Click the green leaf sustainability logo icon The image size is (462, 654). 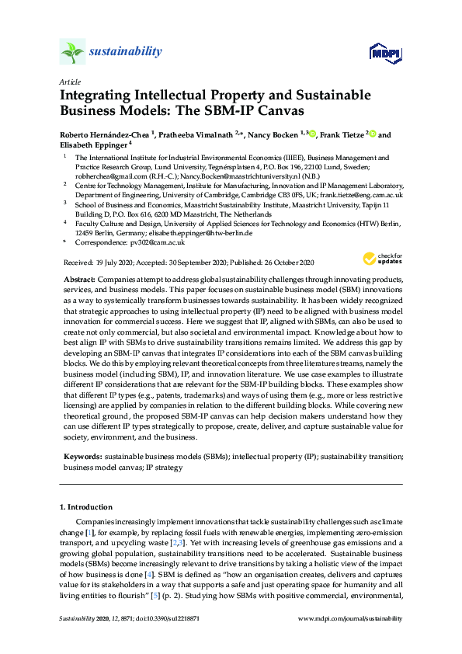click(x=72, y=52)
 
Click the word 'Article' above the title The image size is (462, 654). click(x=71, y=82)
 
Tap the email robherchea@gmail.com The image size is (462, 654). click(x=108, y=176)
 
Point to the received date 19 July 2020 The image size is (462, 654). click(x=113, y=263)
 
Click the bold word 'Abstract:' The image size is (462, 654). click(x=79, y=278)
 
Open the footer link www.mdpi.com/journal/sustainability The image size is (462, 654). click(x=351, y=618)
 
